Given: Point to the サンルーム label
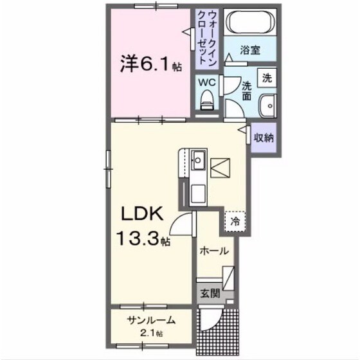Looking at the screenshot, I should [150, 321].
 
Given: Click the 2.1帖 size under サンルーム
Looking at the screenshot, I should [150, 334].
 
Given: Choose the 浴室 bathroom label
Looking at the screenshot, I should [249, 49].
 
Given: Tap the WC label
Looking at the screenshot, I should [206, 82].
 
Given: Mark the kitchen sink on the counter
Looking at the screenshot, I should [199, 157].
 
